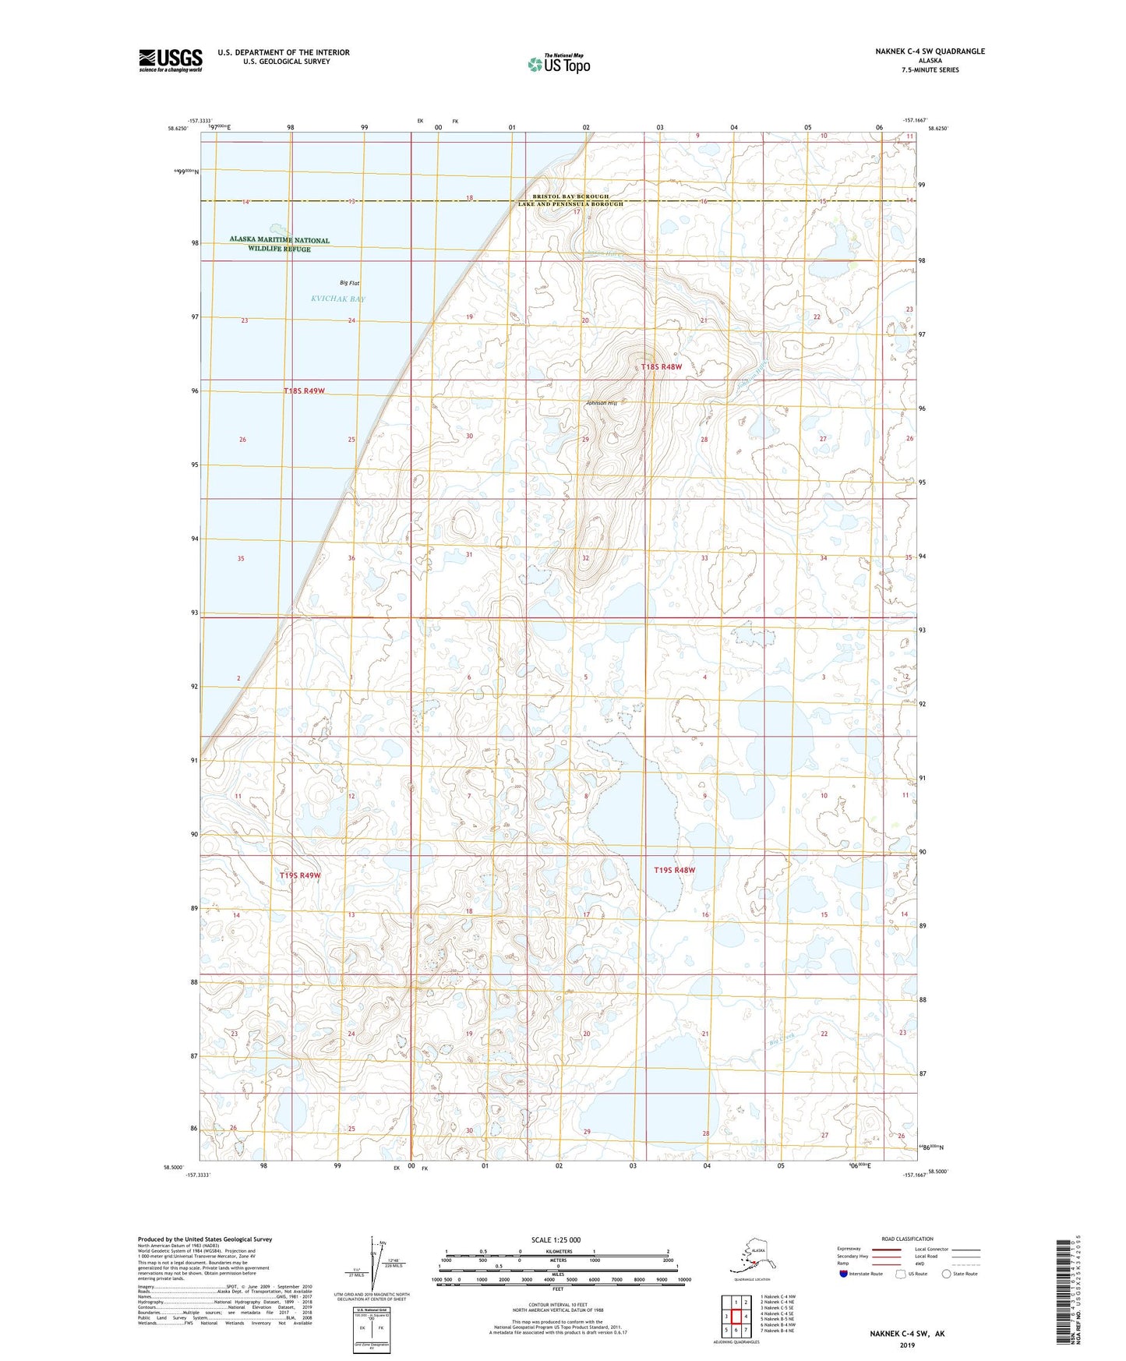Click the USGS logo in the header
[170, 60]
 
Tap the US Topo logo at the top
[558, 64]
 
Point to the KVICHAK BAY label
[337, 299]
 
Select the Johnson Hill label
[602, 403]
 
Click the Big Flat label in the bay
[349, 283]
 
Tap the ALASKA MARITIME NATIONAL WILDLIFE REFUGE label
[280, 244]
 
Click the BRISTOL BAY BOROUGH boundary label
[571, 197]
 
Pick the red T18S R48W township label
[661, 367]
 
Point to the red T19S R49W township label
[300, 875]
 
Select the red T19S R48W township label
[674, 870]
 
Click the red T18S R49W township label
[304, 391]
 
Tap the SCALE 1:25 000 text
[556, 1239]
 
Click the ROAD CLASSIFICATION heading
[907, 1239]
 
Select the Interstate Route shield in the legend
[843, 1274]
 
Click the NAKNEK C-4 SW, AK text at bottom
[907, 1334]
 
